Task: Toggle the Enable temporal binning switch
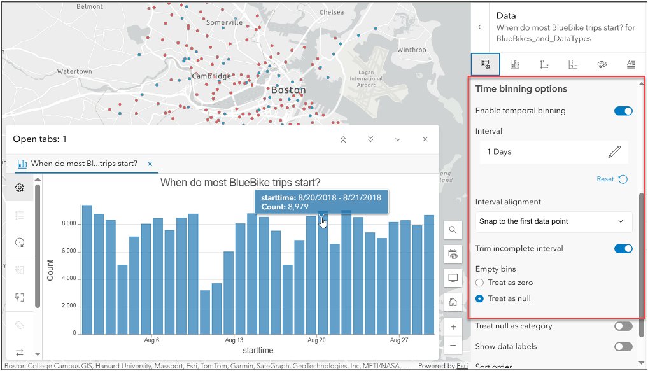[623, 111]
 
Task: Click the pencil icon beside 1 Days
[614, 151]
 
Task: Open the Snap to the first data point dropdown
[553, 221]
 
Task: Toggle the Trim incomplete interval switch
[623, 248]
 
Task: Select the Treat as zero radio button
[480, 283]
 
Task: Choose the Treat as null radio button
[480, 298]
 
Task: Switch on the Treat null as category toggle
[623, 326]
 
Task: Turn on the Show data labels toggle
[623, 347]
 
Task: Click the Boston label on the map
[288, 90]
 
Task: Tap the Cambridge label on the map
[211, 76]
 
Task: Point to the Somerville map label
[225, 22]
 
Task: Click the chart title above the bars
[240, 183]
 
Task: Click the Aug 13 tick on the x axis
[234, 340]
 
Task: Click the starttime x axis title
[258, 351]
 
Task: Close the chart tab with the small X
[150, 164]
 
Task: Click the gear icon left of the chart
[20, 188]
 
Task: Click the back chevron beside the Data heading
[479, 27]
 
